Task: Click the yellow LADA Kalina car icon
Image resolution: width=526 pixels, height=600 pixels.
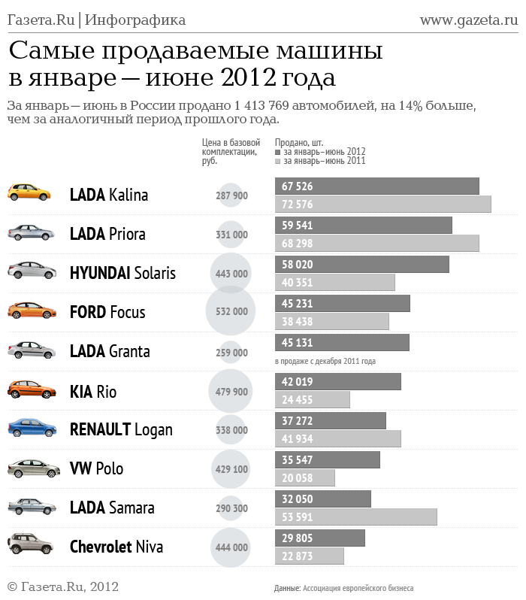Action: click(29, 192)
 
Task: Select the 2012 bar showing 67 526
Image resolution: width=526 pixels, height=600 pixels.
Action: click(376, 186)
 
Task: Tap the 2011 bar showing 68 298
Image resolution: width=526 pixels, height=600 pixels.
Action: click(376, 243)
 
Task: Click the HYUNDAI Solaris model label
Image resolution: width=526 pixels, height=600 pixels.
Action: click(122, 273)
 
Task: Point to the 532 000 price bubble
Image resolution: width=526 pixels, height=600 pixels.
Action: click(231, 311)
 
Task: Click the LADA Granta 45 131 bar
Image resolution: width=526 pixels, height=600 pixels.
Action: click(342, 342)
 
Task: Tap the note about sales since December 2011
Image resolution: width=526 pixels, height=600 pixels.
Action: click(325, 362)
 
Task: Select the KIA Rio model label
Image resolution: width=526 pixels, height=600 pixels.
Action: click(93, 391)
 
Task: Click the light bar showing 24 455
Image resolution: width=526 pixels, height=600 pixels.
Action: click(313, 399)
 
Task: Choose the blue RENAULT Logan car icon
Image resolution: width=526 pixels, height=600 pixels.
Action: click(32, 428)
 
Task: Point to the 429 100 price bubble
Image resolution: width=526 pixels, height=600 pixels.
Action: click(231, 468)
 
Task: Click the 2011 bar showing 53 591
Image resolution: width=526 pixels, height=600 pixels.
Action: click(355, 517)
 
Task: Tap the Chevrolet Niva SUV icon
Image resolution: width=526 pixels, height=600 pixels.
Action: click(31, 544)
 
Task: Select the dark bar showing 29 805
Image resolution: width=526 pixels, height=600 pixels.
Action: click(319, 538)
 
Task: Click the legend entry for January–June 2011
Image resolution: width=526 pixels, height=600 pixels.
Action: click(324, 161)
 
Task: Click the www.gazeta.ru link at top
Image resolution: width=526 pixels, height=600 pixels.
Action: click(468, 20)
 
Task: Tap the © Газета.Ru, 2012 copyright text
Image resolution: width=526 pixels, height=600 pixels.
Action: click(63, 586)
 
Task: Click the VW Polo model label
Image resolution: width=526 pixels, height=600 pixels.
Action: click(96, 468)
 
